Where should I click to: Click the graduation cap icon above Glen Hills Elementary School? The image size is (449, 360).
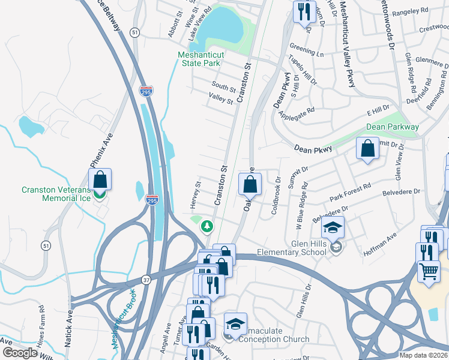coord(332,227)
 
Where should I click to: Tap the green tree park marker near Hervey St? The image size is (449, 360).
coord(207,226)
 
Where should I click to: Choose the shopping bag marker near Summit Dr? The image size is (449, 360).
coord(367,149)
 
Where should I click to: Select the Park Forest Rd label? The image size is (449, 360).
coord(351,193)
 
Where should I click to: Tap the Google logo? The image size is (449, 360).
coord(20,353)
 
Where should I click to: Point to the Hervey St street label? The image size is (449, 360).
coord(194,196)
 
